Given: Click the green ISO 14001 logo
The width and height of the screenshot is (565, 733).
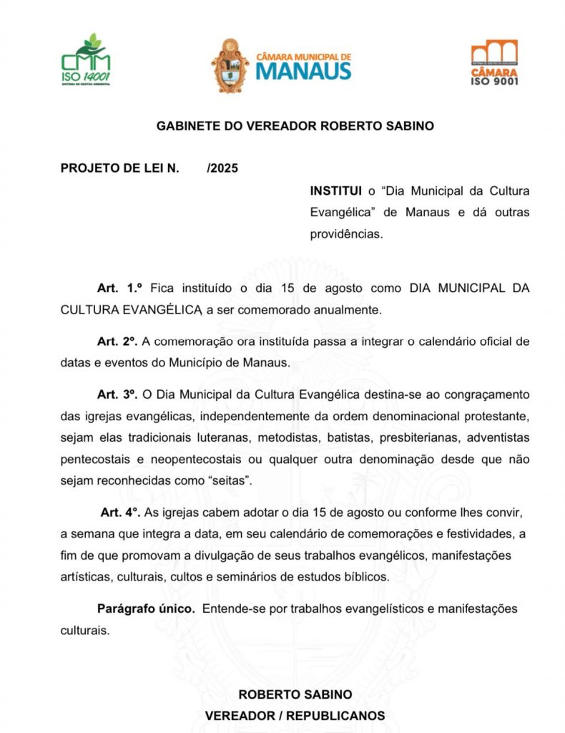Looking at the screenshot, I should pos(87,60).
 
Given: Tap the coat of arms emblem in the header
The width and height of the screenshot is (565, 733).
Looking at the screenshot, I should pos(230,65).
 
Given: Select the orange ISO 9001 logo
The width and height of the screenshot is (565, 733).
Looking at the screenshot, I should pos(494,62).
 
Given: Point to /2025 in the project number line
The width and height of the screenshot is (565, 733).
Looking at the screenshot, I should pos(222,169).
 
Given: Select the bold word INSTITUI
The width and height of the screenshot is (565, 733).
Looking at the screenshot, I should pos(336,191).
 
